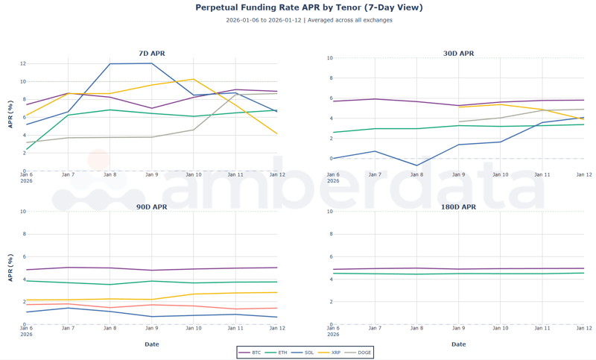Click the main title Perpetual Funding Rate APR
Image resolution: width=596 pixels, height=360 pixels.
(308, 7)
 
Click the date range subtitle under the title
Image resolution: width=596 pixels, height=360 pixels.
(308, 20)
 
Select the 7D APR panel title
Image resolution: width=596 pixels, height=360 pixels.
(152, 54)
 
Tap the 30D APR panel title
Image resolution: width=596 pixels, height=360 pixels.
(458, 54)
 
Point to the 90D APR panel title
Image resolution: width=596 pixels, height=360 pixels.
(152, 207)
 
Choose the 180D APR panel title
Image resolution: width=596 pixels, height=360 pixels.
(458, 207)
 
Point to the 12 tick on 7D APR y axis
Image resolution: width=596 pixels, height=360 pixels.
(22, 63)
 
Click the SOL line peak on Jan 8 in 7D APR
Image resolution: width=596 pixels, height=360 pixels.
(110, 64)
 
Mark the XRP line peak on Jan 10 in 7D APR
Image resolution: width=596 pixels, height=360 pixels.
(194, 79)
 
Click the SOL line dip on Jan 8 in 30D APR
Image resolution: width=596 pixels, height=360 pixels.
(416, 165)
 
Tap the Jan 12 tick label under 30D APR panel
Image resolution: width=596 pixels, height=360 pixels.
(583, 174)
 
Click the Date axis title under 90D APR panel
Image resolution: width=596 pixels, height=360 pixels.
(152, 344)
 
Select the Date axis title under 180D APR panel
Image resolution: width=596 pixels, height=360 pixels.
(458, 344)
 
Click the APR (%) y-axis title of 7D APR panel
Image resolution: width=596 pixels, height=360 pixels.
(10, 115)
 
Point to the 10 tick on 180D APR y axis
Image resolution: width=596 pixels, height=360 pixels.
(329, 212)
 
